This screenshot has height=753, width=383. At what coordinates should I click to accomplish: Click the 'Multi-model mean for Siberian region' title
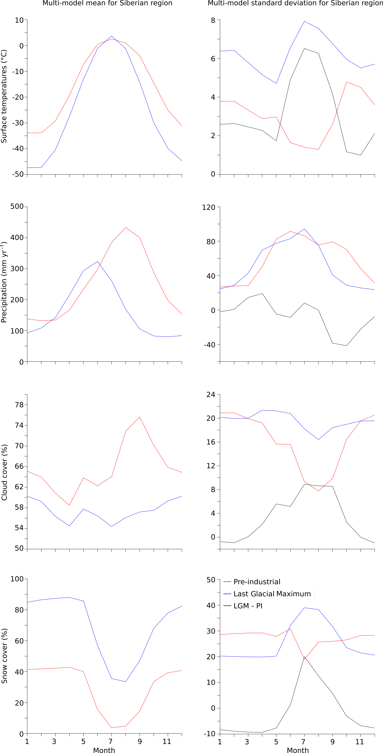coord(107,3)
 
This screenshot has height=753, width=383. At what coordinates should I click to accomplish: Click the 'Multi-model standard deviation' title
coord(295,3)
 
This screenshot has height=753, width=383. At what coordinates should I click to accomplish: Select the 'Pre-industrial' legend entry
coord(257,582)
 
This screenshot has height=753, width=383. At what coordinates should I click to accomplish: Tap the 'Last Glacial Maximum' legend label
coord(272,594)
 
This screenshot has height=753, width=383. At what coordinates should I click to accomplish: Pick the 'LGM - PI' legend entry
coord(248,606)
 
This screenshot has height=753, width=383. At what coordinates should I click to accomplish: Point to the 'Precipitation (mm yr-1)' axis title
coord(4,282)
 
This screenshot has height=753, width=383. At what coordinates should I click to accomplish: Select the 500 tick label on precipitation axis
coord(17,206)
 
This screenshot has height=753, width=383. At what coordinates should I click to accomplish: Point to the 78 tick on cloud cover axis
coord(19,405)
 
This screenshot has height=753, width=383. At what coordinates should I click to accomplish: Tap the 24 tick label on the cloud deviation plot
coord(211,395)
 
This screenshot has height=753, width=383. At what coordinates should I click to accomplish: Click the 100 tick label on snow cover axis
coord(17,579)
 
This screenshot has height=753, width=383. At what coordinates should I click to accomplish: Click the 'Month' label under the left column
coord(104,750)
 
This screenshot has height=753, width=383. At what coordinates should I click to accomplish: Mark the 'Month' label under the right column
coord(298,750)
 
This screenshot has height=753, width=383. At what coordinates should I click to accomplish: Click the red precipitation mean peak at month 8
coord(126,227)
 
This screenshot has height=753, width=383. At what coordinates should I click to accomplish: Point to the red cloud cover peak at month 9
coord(140,417)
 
